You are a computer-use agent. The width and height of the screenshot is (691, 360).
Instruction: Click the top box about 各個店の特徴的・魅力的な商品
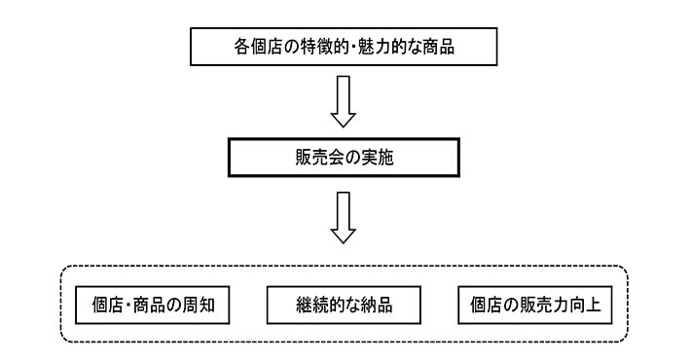[344, 45]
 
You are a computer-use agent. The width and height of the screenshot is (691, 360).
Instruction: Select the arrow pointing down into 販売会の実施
[344, 101]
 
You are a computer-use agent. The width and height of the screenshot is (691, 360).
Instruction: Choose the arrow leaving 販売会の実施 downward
[344, 216]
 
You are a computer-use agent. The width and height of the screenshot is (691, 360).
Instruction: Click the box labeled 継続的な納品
[344, 305]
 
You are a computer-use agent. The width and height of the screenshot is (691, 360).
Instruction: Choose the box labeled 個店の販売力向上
[533, 305]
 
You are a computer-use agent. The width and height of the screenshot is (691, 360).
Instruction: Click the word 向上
[585, 305]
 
